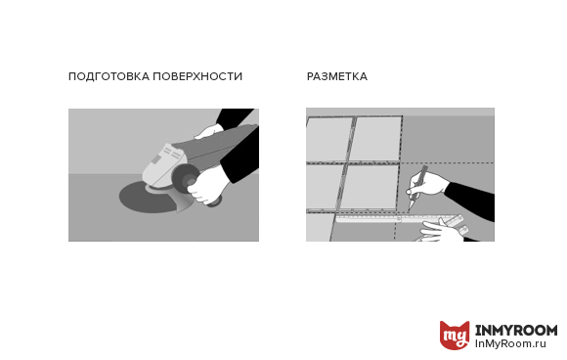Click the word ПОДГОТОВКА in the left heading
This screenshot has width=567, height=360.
point(109,76)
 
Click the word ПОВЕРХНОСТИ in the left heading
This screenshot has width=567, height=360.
point(197,76)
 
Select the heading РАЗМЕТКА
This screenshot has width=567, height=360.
point(337,76)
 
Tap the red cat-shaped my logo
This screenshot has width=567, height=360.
point(455,335)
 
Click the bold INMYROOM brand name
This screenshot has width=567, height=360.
point(516,330)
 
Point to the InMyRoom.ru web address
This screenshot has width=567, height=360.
point(510,343)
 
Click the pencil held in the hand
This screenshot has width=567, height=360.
point(417,189)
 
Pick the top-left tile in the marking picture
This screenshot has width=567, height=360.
point(328,139)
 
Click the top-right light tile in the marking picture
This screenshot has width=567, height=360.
point(375,139)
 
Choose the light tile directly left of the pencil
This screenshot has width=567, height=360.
point(369,187)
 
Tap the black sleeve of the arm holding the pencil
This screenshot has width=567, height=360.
point(471,200)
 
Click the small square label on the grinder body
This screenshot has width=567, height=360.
point(155,159)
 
